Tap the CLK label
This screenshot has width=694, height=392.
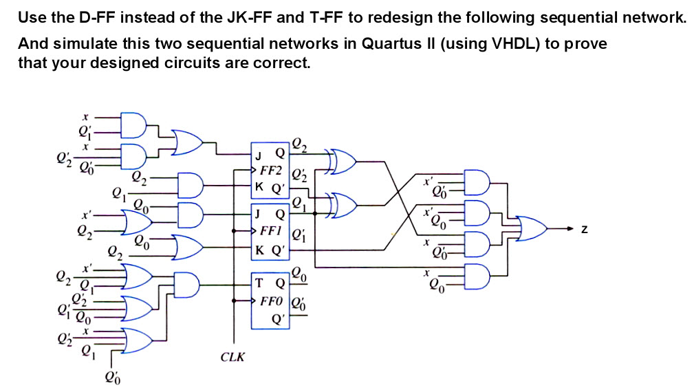232,357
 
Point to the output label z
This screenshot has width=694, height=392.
585,229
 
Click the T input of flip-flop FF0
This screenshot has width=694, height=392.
259,283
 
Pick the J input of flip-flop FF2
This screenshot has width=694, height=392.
259,153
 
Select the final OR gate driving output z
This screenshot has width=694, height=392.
530,228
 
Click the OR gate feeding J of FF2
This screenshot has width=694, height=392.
186,141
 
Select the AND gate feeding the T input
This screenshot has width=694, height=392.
186,284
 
